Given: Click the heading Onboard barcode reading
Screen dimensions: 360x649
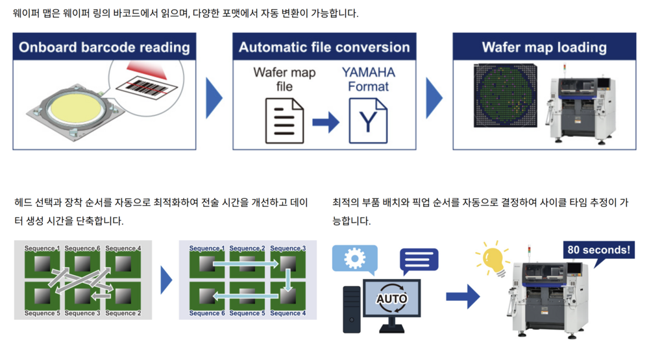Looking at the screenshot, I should tap(104, 47).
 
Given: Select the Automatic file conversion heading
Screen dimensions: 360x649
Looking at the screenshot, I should tap(324, 47).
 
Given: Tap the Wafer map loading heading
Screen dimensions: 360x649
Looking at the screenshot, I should tap(544, 47).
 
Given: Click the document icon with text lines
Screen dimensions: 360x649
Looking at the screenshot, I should tap(284, 121).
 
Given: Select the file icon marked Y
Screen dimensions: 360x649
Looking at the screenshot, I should tap(368, 121).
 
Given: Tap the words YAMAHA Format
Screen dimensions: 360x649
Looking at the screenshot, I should tap(368, 79).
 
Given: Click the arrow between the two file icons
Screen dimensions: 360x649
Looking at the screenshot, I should tap(326, 121).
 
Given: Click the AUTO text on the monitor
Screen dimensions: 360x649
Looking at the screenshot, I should tap(391, 300).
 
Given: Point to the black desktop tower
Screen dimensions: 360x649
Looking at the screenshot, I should tap(352, 309).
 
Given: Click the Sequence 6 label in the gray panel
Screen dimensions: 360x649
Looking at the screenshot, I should tap(82, 248).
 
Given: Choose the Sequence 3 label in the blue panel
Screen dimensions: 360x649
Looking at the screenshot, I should tap(288, 248).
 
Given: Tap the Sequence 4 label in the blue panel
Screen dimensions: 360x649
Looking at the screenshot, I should tap(288, 313).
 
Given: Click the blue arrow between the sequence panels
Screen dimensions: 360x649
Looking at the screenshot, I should tap(166, 280).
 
